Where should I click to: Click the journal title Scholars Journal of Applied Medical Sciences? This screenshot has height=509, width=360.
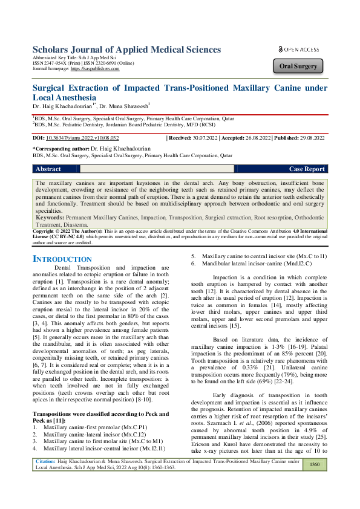coord(126,50)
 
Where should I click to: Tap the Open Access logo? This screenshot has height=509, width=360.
coord(299,49)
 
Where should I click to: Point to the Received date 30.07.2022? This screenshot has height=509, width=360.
coord(204,138)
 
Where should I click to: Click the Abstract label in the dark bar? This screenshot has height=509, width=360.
coord(48,169)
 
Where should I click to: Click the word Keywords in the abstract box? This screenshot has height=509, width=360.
coord(49,216)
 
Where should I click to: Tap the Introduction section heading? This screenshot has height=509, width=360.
coord(62,259)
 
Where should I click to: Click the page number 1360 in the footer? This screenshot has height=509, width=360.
coord(314,481)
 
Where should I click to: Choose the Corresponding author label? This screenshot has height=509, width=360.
coord(66,148)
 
